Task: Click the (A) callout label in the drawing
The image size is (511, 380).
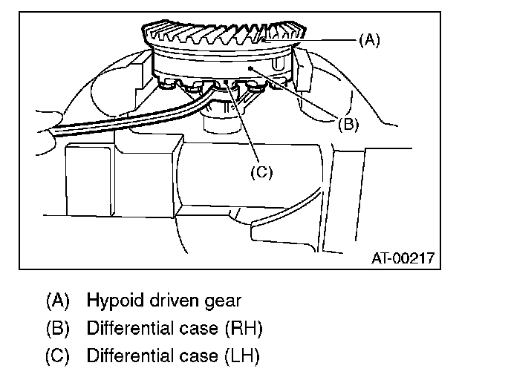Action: (x=369, y=40)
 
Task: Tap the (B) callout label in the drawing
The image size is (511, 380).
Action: (x=348, y=124)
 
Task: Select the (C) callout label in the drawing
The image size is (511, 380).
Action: (x=261, y=172)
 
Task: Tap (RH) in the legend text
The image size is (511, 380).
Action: (x=242, y=328)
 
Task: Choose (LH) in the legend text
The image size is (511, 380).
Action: (x=241, y=356)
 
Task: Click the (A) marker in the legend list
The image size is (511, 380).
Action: (x=57, y=301)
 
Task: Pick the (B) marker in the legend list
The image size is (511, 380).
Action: (x=57, y=328)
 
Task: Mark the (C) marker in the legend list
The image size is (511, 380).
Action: (x=57, y=356)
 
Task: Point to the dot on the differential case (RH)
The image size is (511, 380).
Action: (x=253, y=68)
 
